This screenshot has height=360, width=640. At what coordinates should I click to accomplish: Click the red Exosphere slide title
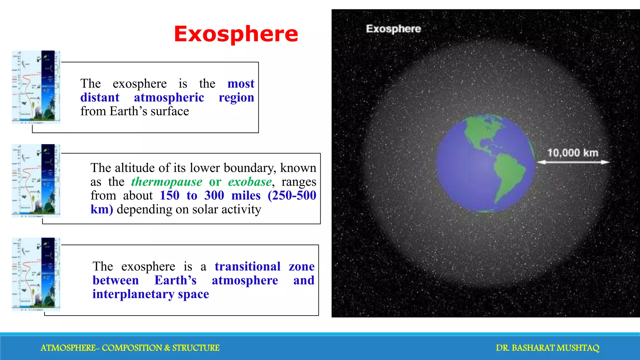[236, 34]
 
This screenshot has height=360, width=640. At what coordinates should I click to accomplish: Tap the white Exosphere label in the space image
[393, 29]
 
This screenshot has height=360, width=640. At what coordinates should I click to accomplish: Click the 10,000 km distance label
[572, 153]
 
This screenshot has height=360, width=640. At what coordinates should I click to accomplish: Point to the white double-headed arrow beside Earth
[573, 162]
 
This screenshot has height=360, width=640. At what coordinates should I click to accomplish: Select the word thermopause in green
[167, 182]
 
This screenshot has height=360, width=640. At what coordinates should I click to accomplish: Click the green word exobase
[250, 182]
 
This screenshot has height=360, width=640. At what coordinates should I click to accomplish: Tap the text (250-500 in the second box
[292, 195]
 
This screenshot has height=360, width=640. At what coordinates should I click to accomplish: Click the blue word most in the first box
[241, 83]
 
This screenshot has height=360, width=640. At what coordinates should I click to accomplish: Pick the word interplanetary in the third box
[133, 294]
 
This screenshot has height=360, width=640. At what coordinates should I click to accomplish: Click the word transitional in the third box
[247, 266]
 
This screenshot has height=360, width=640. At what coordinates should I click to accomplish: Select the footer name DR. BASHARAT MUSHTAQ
[547, 348]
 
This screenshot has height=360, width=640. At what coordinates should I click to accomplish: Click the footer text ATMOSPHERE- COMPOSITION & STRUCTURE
[130, 348]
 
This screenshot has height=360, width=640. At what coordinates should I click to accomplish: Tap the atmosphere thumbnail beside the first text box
[36, 87]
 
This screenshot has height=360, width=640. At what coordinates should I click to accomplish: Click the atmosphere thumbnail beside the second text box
[36, 181]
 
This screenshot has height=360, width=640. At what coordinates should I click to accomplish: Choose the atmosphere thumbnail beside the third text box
[36, 274]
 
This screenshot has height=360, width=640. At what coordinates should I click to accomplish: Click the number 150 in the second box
[169, 195]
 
